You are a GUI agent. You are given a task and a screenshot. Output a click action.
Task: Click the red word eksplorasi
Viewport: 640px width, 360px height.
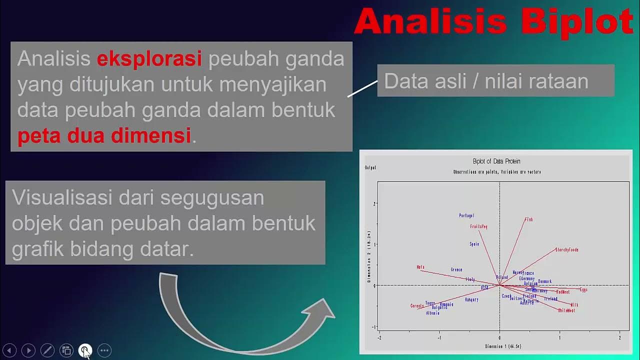tap(149, 59)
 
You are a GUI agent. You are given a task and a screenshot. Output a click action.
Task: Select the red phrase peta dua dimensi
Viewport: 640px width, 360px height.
tap(104, 135)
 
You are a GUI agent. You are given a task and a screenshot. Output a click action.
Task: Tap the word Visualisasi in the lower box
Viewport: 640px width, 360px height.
tap(61, 198)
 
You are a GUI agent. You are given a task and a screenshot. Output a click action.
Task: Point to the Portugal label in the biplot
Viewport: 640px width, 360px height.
tap(466, 216)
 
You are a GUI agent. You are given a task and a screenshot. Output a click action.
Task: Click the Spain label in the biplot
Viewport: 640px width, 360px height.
tap(474, 244)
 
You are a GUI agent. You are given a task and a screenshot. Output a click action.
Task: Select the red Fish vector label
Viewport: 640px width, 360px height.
tap(529, 219)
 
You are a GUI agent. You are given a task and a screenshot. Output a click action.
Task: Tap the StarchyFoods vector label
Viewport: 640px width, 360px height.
tap(566, 250)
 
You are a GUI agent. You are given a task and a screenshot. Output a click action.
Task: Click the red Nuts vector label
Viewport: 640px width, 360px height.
tap(420, 267)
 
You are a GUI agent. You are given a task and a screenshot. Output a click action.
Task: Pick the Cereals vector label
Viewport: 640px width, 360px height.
tap(417, 306)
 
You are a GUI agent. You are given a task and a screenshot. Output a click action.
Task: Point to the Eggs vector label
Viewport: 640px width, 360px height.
tap(583, 290)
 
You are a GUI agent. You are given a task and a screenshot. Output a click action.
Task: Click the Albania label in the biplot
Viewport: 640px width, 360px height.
tap(432, 313)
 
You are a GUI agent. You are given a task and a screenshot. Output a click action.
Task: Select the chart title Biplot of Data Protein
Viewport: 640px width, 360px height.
tap(496, 161)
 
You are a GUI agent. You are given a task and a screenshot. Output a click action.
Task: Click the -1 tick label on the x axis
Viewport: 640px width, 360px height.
tap(439, 338)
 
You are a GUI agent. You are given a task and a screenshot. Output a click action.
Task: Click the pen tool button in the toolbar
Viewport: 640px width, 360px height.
tap(47, 350)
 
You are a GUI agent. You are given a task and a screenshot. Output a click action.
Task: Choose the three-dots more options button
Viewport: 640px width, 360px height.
tap(104, 350)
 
